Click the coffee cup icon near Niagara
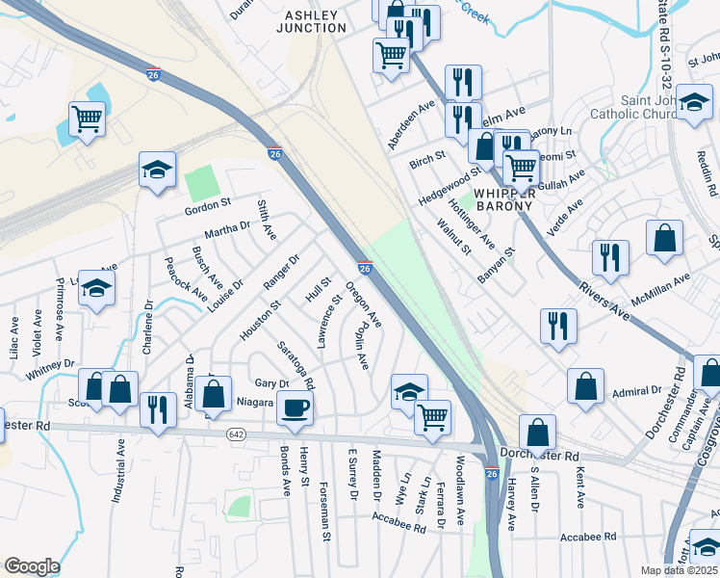tap(295, 407)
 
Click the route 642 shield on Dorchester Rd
tap(236, 434)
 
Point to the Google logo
tap(32, 565)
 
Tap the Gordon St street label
tap(209, 203)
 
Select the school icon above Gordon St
tap(158, 170)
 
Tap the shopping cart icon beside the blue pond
tap(87, 119)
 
